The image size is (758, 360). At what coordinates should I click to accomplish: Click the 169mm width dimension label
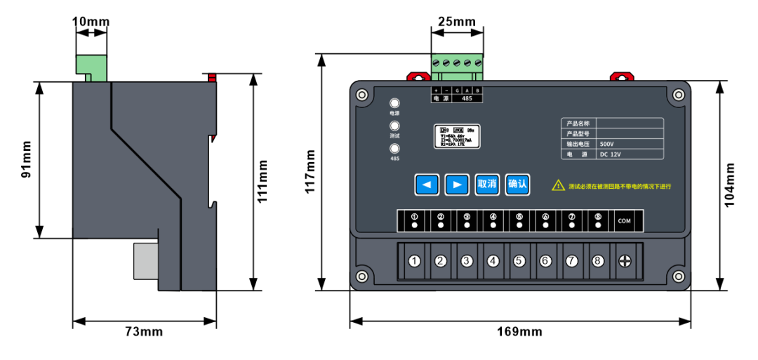(x=521, y=331)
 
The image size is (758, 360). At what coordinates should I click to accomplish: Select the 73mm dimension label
(x=143, y=331)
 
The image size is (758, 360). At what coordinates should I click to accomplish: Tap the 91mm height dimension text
(x=26, y=160)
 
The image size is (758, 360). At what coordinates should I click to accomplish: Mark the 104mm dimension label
(x=730, y=185)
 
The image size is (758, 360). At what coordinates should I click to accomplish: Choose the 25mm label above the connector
(x=456, y=22)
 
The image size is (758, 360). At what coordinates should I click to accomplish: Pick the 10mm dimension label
(x=91, y=22)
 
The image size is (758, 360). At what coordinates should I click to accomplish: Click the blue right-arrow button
(x=457, y=185)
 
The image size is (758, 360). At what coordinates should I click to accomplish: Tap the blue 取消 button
(x=487, y=185)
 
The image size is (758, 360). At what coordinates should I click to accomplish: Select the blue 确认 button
(x=517, y=185)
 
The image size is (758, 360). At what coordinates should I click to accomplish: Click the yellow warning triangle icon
(x=558, y=185)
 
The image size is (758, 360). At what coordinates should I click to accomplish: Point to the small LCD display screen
(x=458, y=137)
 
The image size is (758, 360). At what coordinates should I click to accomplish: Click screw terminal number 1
(x=415, y=261)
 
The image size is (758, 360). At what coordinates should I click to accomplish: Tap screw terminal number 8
(x=597, y=261)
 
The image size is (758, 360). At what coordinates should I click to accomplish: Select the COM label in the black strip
(x=624, y=221)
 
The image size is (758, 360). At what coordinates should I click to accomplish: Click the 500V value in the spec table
(x=608, y=143)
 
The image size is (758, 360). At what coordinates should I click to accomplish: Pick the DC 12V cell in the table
(x=610, y=154)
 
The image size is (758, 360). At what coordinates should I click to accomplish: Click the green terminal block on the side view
(x=92, y=67)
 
